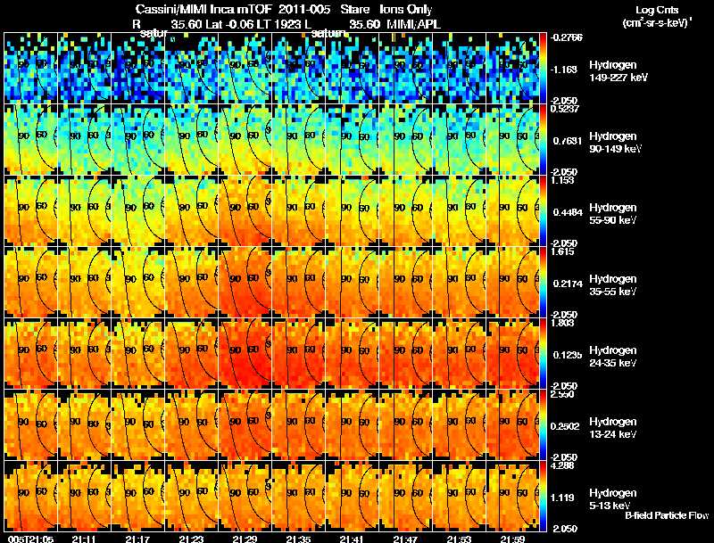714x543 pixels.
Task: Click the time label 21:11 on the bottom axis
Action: pyautogui.click(x=85, y=539)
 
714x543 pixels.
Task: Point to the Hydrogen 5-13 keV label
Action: pyautogui.click(x=609, y=498)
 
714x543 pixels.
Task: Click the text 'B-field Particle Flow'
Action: pyautogui.click(x=667, y=515)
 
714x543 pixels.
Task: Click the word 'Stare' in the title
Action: pyautogui.click(x=355, y=9)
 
